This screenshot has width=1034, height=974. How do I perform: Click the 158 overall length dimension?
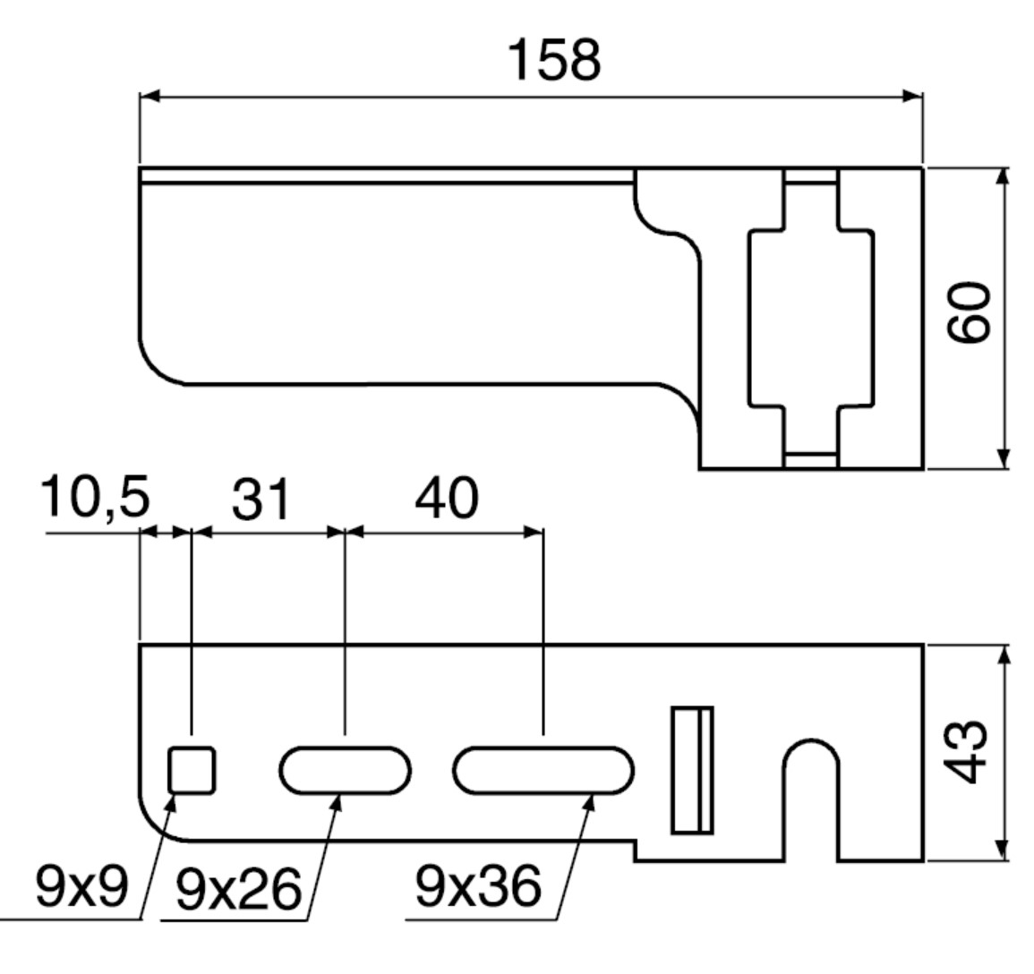click(x=555, y=61)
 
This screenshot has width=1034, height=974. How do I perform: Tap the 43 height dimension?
click(x=970, y=751)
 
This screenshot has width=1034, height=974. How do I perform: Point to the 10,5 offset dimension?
click(x=95, y=498)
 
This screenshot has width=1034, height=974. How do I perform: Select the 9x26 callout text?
click(x=236, y=890)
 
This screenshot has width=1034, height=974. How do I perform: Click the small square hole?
click(x=193, y=770)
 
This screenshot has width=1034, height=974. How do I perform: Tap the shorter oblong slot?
click(x=346, y=769)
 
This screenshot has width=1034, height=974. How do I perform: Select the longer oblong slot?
click(x=543, y=769)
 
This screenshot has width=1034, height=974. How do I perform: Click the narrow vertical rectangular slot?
click(x=693, y=770)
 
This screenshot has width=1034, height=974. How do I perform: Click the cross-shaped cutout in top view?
click(x=811, y=318)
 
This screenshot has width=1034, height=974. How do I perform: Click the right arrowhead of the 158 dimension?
click(x=913, y=96)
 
